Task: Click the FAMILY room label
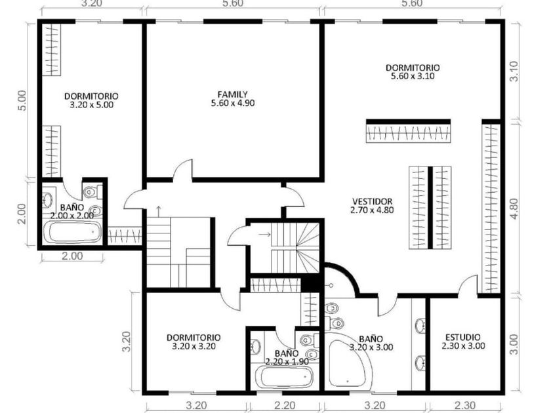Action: coord(232,94)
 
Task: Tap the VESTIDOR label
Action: coord(372,202)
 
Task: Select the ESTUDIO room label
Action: coord(463,338)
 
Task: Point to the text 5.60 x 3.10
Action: coord(413,76)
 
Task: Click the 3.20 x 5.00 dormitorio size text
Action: coord(91,105)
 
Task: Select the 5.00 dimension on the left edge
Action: coord(22,100)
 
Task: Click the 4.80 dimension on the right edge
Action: coord(514,208)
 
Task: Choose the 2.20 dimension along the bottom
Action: coord(285,405)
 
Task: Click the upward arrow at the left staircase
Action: coord(159,211)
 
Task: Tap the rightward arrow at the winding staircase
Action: coord(264,234)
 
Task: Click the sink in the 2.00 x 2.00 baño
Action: coord(47,200)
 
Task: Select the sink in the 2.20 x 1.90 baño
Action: coord(256,346)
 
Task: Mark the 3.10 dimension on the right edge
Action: coord(514,71)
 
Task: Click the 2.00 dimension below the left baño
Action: coord(72,256)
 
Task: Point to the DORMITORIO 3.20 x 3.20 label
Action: coord(194,342)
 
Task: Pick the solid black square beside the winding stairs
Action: coord(310,283)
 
